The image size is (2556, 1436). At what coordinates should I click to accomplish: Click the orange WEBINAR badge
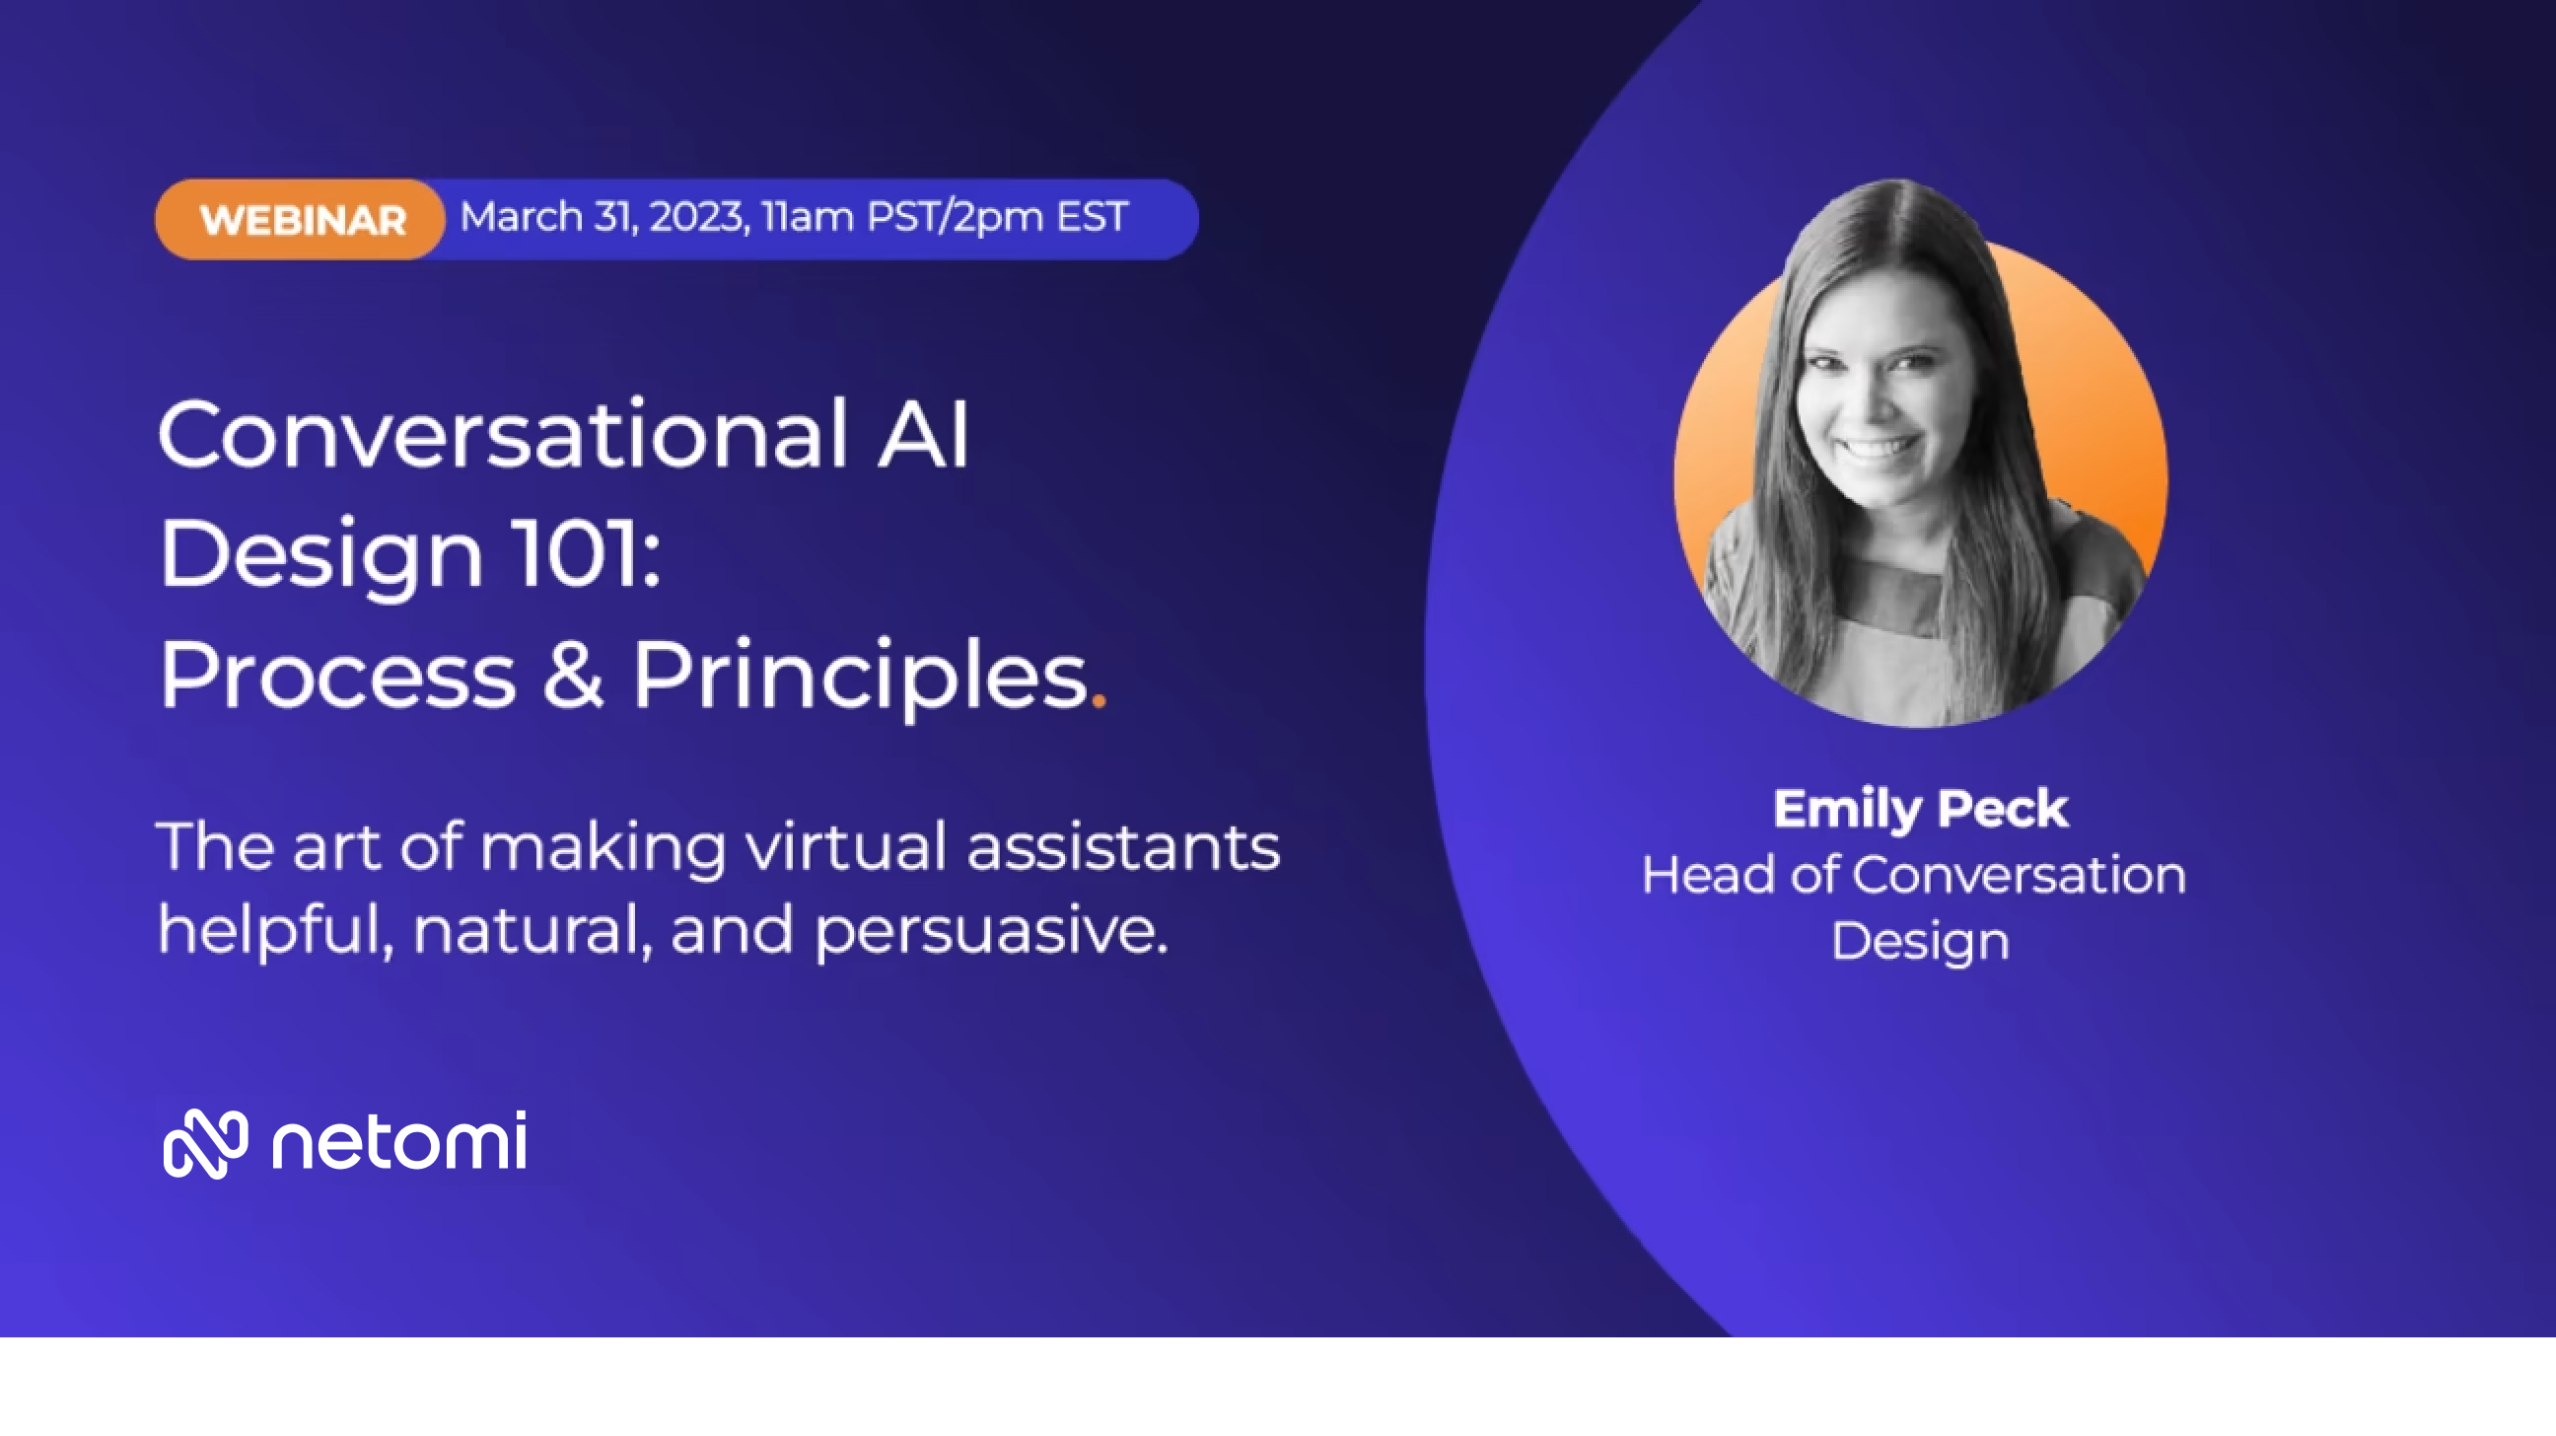[x=300, y=219]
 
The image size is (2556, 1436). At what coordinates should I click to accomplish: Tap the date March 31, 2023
[x=604, y=216]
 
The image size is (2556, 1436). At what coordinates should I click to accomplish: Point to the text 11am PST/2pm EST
[x=945, y=216]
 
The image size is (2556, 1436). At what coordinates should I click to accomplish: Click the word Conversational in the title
[x=503, y=434]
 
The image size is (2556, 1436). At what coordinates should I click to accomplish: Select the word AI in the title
[x=923, y=434]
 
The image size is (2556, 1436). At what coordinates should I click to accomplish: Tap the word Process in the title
[x=337, y=675]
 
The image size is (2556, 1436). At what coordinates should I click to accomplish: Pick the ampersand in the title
[x=573, y=675]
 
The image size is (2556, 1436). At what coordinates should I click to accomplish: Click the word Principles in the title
[x=860, y=679]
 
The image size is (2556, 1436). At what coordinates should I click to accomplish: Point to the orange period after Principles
[x=1099, y=700]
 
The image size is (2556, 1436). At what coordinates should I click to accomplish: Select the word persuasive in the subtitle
[x=991, y=933]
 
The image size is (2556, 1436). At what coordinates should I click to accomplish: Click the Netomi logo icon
[x=205, y=1143]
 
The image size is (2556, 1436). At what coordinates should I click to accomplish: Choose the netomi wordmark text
[x=398, y=1141]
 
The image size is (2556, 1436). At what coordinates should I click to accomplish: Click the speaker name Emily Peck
[x=1920, y=809]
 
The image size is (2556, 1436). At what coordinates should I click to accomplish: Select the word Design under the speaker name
[x=1920, y=942]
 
